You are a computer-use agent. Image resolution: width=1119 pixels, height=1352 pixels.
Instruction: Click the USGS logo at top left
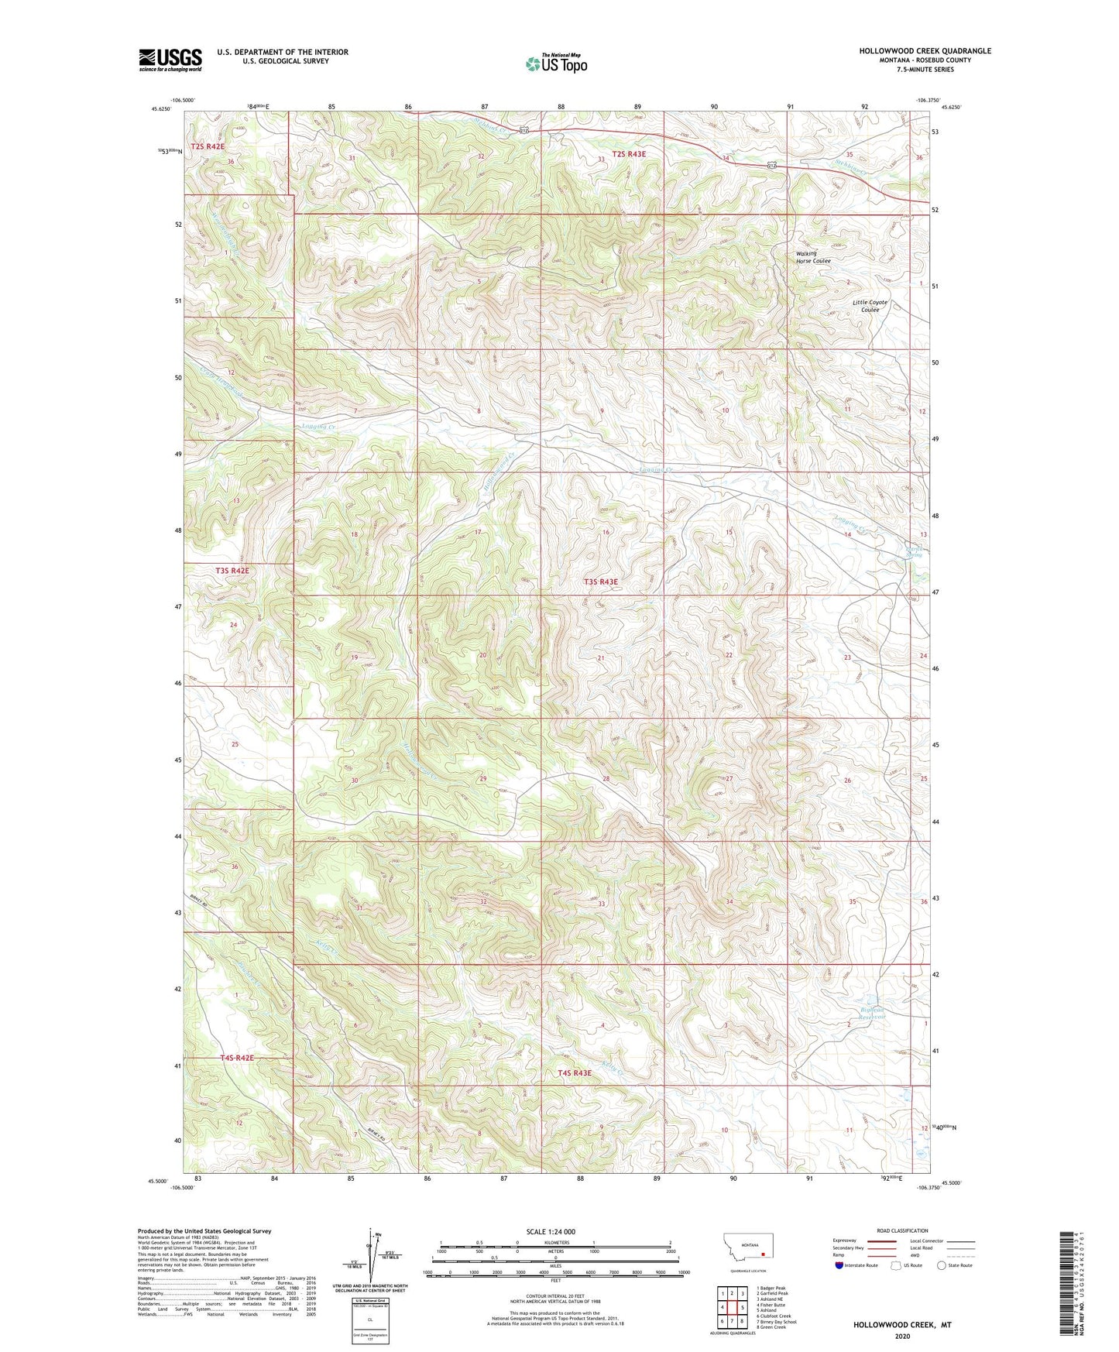[x=170, y=59]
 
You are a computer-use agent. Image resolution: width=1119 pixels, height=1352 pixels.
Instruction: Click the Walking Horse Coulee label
[x=812, y=257]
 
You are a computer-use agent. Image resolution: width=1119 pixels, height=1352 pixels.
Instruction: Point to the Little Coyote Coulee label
[x=870, y=306]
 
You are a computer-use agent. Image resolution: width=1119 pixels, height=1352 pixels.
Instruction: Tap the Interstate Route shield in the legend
[x=839, y=1265]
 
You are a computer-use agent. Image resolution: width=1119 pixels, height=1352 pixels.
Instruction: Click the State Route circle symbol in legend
[x=942, y=1265]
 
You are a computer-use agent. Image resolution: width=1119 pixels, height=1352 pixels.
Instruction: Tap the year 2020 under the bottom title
[x=901, y=1336]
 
